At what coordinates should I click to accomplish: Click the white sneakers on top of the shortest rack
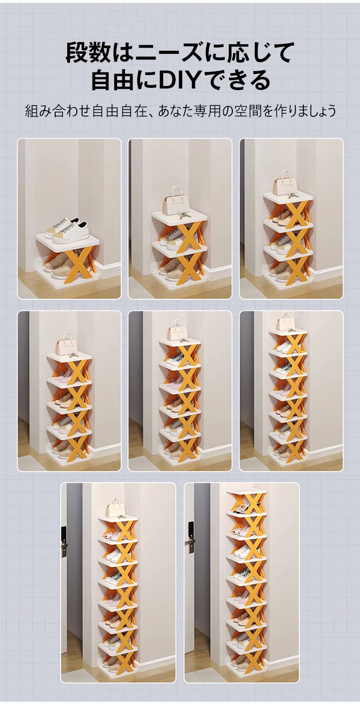tap(66, 231)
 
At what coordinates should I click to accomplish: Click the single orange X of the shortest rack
tap(79, 264)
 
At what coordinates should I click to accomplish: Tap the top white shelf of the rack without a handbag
tap(247, 493)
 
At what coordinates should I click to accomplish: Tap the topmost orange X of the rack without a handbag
tap(250, 505)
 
